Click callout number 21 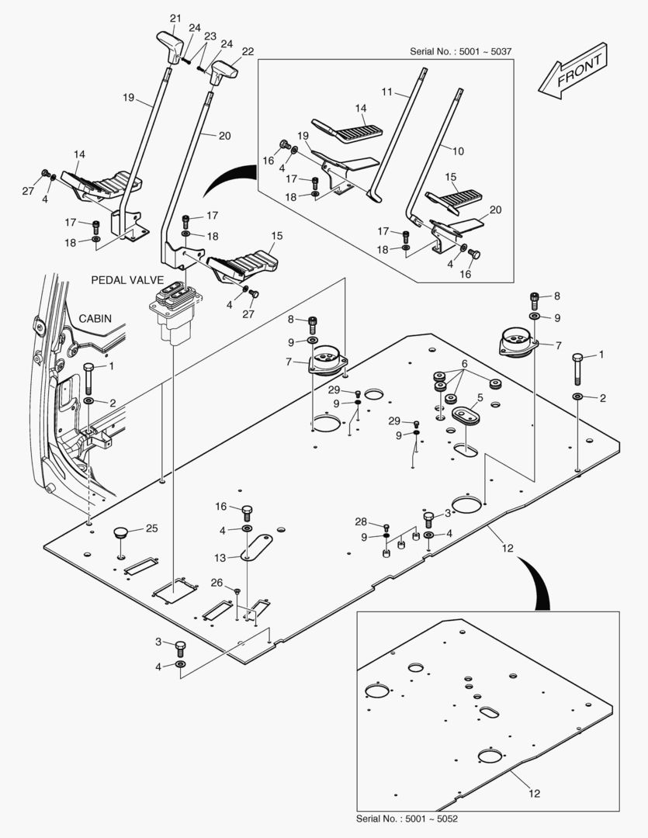(175, 18)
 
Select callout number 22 (248, 51)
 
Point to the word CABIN (96, 318)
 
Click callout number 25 (152, 528)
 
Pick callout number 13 (221, 558)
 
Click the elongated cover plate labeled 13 (255, 545)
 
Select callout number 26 (217, 582)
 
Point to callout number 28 (361, 521)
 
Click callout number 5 (480, 397)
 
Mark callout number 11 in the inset (388, 92)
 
